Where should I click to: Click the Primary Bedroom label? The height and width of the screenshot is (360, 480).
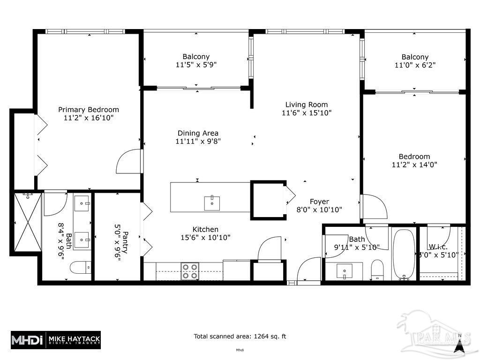point(89,110)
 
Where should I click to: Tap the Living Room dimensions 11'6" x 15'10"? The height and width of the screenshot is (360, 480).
point(307,113)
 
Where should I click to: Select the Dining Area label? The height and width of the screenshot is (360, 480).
point(198,133)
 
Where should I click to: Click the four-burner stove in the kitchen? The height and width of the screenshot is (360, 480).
point(190,271)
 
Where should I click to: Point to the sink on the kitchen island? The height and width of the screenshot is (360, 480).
point(212,203)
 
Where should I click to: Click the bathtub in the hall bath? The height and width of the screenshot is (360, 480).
point(404,254)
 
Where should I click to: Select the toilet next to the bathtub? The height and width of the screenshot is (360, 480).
point(378,270)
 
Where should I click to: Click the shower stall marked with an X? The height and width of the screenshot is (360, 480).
point(27,222)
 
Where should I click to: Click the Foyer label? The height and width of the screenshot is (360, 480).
point(319,202)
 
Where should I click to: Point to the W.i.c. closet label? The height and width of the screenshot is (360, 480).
point(438,247)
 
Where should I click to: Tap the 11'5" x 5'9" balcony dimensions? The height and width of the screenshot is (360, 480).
point(196,65)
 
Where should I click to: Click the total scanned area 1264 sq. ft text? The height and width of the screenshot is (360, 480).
point(240,336)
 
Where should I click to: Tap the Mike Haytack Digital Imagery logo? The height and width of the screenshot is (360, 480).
point(55,339)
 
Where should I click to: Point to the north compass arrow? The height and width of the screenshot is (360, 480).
point(460,345)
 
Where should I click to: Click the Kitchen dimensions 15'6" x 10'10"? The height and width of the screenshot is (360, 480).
point(205,238)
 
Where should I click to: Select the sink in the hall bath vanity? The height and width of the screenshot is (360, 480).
point(346,270)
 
